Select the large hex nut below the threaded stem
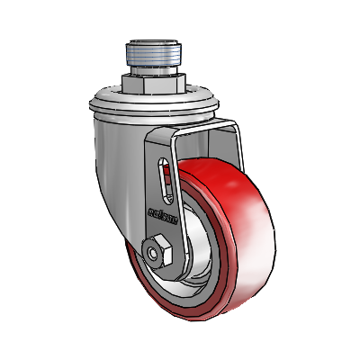click(154, 86)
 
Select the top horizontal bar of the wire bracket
click(207, 125)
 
